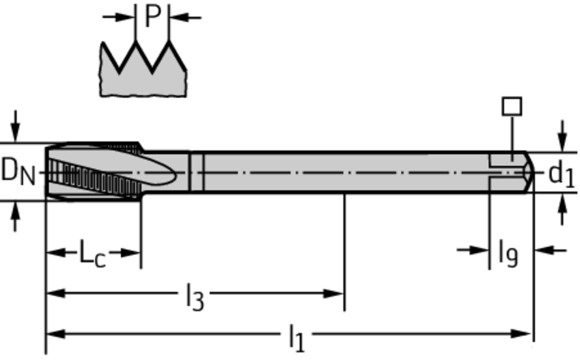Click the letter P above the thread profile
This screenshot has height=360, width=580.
(152, 16)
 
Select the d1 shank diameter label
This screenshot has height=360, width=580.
(561, 174)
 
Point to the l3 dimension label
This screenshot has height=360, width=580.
(194, 297)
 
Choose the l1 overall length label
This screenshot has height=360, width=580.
(296, 338)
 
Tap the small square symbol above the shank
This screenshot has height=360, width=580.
(512, 106)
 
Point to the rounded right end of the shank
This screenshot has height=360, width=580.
(530, 172)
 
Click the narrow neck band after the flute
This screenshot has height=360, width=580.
(197, 172)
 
